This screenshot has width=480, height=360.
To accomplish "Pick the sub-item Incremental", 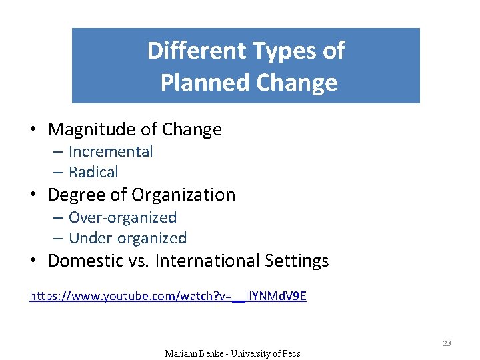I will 111,151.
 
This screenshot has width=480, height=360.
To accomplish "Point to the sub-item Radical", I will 93,172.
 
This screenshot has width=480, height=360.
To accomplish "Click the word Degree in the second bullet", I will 79,195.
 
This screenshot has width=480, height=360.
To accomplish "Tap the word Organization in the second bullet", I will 183,195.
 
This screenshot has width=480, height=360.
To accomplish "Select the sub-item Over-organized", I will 123,217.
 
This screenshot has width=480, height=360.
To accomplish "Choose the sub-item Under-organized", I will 127,238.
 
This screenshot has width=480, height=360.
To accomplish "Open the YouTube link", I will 168,295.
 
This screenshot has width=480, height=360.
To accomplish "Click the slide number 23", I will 447,343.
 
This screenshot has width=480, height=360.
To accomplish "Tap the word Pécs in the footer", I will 289,353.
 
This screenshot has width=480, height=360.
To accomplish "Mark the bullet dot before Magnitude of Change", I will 33,129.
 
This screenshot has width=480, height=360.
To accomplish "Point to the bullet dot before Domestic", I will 33,261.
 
